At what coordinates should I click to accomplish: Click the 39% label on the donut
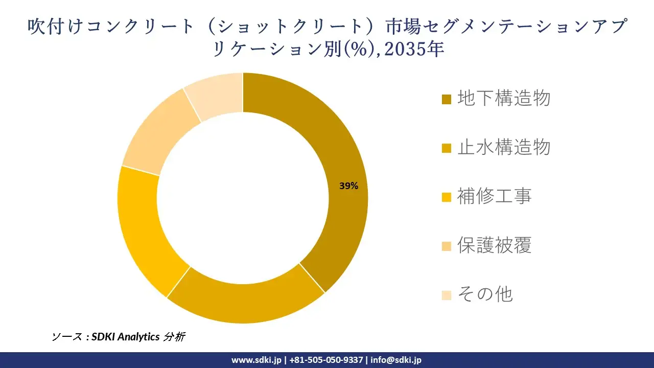(x=349, y=186)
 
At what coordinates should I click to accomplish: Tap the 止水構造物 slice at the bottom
(x=245, y=302)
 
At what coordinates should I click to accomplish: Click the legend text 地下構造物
(x=503, y=98)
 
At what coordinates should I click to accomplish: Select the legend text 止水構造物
(x=503, y=147)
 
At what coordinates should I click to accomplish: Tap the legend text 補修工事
(x=494, y=196)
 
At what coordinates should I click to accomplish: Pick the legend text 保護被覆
(x=494, y=245)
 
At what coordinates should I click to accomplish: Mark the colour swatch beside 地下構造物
(x=447, y=99)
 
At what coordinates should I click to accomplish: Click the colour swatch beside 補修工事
(x=447, y=197)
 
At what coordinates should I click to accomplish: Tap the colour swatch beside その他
(x=447, y=295)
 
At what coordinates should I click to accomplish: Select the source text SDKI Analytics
(x=126, y=337)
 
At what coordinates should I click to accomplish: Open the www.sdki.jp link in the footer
(x=256, y=360)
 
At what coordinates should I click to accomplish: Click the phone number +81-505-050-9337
(x=326, y=360)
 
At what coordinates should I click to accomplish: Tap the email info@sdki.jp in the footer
(x=396, y=360)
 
